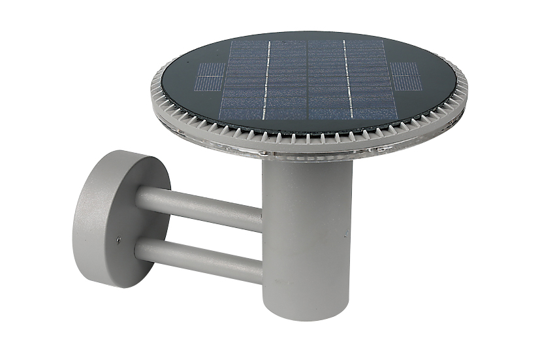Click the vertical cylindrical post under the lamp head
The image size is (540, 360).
point(307,235)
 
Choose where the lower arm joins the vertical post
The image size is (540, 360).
point(261,268)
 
